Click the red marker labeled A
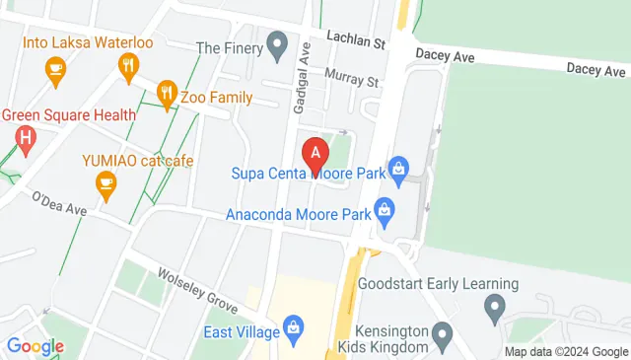[x=315, y=156]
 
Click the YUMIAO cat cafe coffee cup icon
[x=105, y=181]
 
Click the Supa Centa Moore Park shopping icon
[x=398, y=169]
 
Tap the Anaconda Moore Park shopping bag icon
[x=385, y=208]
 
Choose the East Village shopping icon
[x=292, y=326]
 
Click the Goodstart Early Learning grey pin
[x=497, y=310]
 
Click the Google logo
[x=35, y=346]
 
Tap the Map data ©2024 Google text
[x=565, y=352]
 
